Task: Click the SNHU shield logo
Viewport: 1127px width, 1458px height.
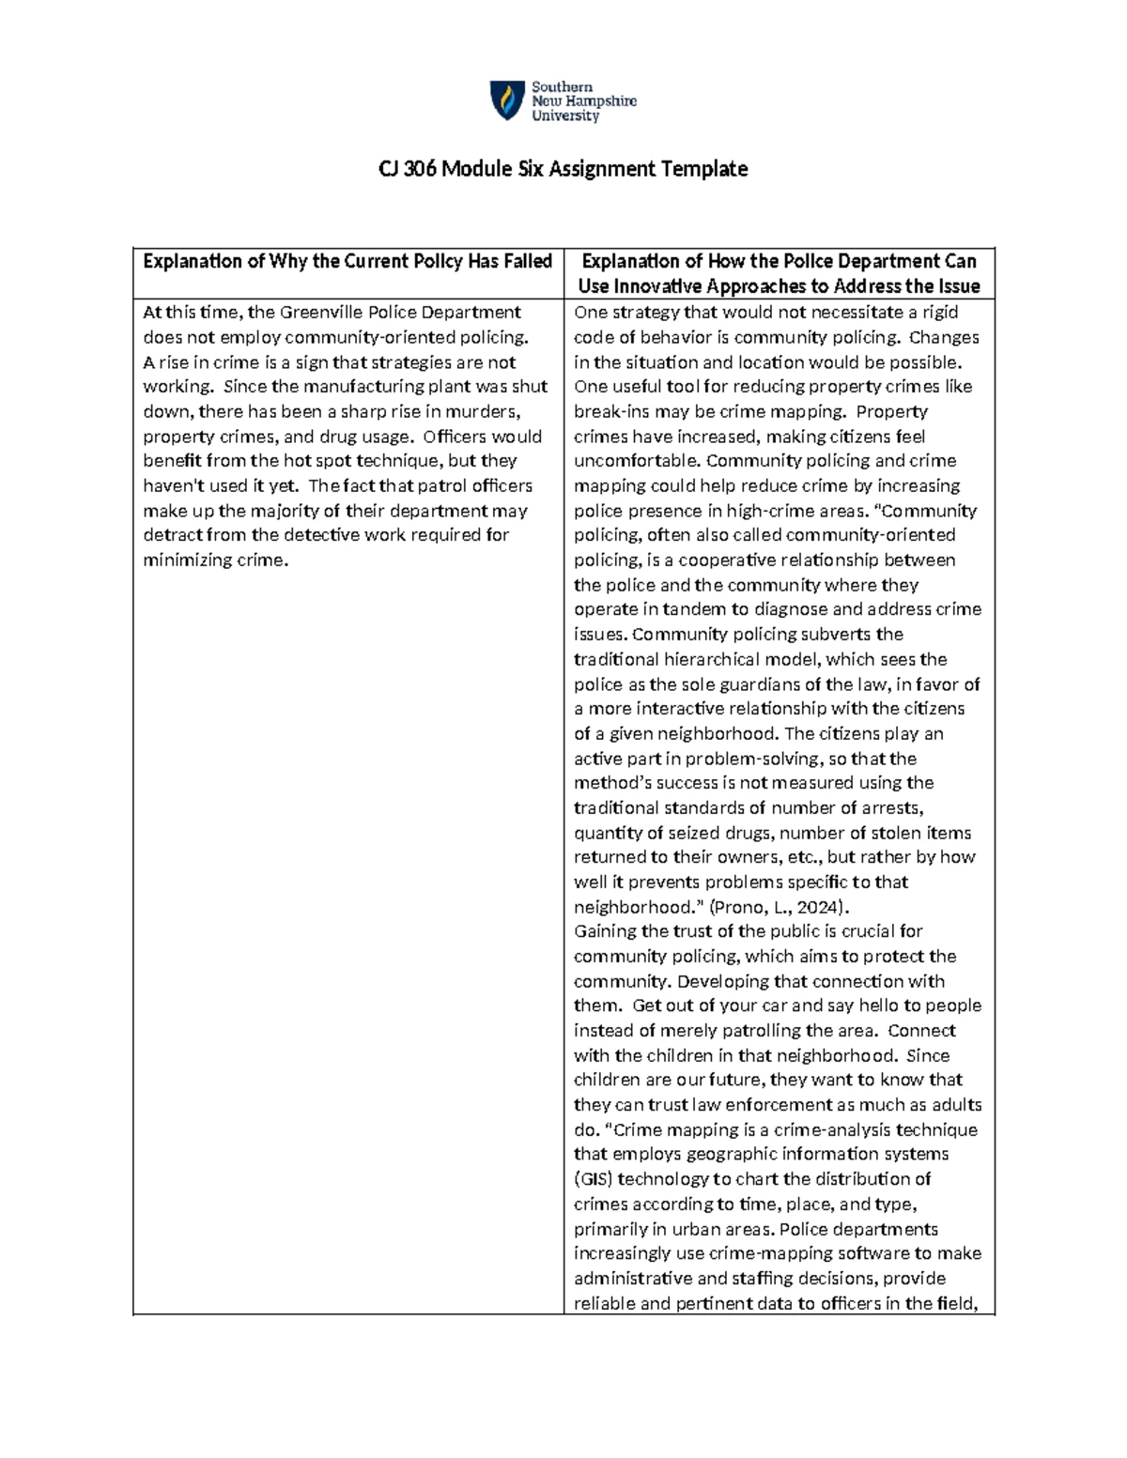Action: point(507,100)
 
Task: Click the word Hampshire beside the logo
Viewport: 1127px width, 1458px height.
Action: point(599,101)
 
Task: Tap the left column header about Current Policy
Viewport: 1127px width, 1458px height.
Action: point(347,261)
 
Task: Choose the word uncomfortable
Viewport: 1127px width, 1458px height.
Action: point(638,461)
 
